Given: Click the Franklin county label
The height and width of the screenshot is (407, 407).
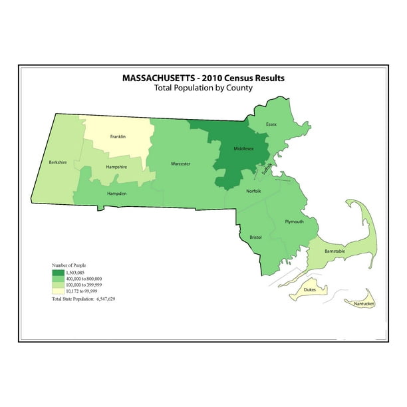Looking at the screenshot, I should tap(118, 136).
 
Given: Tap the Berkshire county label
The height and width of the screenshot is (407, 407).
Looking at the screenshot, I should tap(57, 162).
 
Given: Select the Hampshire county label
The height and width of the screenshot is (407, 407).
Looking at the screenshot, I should tap(116, 168).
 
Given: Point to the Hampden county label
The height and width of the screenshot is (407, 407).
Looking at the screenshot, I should tap(117, 194).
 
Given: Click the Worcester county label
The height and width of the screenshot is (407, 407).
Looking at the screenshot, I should tap(180, 164).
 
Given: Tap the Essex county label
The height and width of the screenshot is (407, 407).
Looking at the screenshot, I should tap(271, 124).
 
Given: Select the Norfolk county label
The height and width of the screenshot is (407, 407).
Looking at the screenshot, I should tap(254, 191).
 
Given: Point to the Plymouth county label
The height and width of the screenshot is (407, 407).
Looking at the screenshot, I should tap(294, 221).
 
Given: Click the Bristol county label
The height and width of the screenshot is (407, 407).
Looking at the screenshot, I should tap(255, 237).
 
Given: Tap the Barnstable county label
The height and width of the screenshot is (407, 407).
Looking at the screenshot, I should tap(335, 251).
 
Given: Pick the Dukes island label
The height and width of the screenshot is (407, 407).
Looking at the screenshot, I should tap(310, 290).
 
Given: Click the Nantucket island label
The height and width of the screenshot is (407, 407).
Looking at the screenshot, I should tap(364, 304).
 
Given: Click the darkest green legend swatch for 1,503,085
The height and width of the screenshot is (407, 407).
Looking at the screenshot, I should tap(59, 273).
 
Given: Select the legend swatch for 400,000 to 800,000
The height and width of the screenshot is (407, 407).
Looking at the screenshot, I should tap(59, 279).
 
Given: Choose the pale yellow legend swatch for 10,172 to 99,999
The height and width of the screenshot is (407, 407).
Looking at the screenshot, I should tap(59, 291).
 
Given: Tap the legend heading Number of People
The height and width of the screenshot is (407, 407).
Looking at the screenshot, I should tap(69, 265).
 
